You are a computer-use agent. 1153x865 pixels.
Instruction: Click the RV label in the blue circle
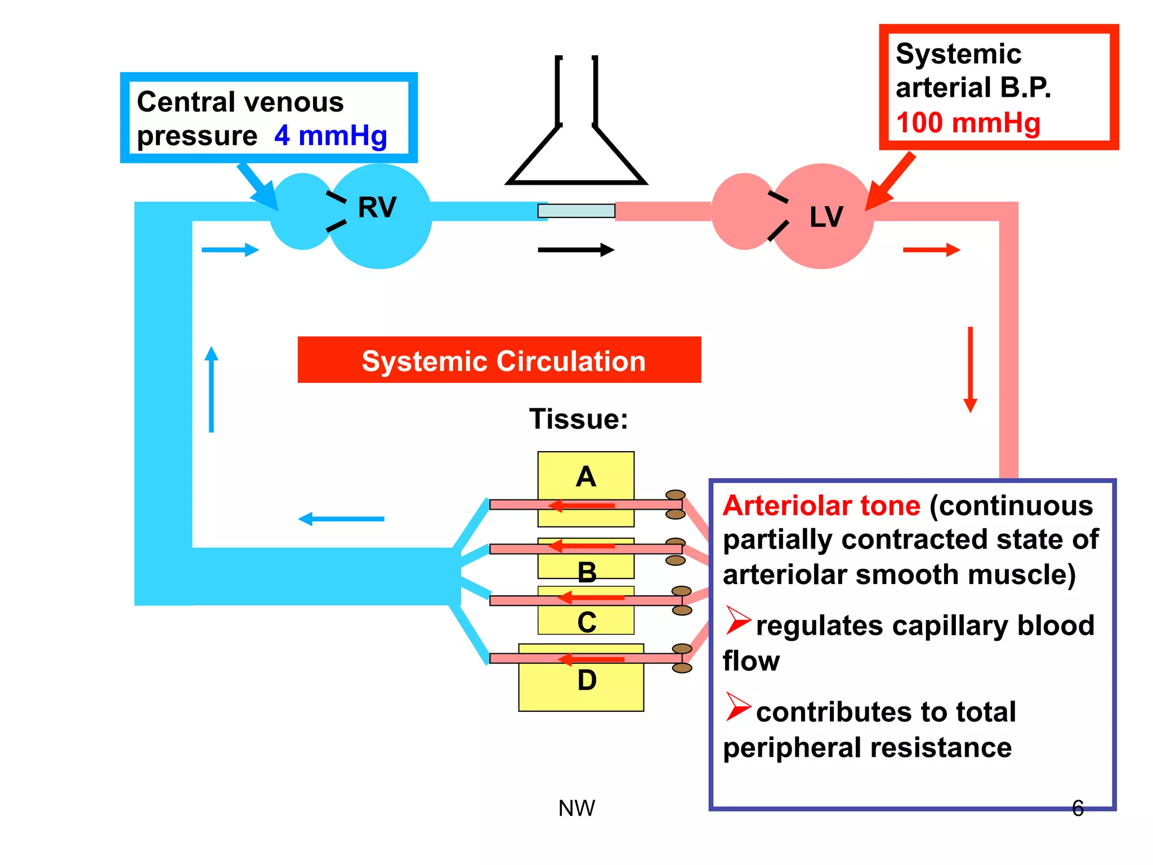click(x=377, y=207)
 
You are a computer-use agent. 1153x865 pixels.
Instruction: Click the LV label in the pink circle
click(x=826, y=217)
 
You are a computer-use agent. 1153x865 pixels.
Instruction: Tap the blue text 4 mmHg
click(x=330, y=136)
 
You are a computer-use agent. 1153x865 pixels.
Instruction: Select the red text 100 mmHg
click(x=968, y=123)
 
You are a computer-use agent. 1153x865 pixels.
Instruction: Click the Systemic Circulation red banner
click(x=499, y=360)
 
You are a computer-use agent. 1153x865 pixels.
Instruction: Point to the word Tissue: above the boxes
click(x=578, y=419)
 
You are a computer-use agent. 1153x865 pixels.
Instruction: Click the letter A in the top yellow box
click(x=586, y=477)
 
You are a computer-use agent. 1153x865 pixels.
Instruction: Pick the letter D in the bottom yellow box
click(x=587, y=680)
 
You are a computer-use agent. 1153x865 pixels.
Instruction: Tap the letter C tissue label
click(x=587, y=623)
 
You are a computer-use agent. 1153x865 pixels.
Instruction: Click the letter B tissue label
click(x=587, y=573)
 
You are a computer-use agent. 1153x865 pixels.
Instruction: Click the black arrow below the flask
click(x=575, y=249)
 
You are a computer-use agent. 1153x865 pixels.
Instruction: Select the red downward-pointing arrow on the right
click(x=970, y=369)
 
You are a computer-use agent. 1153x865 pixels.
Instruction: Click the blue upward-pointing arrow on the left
click(x=211, y=389)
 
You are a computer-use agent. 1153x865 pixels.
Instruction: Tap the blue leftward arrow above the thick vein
click(x=341, y=519)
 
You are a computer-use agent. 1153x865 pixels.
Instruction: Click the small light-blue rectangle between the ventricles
click(x=576, y=211)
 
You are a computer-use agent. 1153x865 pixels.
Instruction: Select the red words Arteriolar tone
click(x=821, y=505)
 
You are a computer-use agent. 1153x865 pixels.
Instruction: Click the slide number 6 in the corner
click(x=1078, y=808)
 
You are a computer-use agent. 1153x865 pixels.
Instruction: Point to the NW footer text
click(x=576, y=808)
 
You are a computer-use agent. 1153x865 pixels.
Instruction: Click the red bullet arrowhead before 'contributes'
click(x=737, y=706)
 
